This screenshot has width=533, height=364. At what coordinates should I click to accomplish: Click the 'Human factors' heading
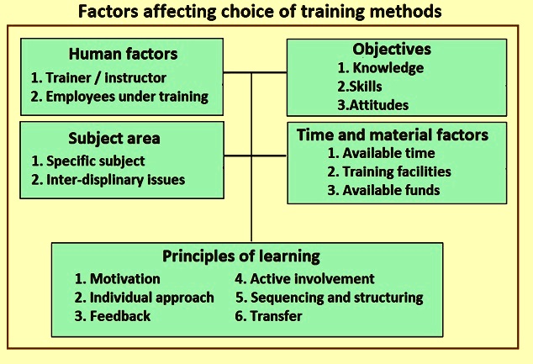pyautogui.click(x=123, y=54)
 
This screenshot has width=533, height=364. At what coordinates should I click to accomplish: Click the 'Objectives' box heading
pyautogui.click(x=392, y=50)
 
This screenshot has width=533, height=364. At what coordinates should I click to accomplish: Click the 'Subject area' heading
pyautogui.click(x=114, y=139)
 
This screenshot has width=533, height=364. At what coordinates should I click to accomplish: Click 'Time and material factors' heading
pyautogui.click(x=393, y=135)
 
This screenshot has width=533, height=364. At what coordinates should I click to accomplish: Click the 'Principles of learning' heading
pyautogui.click(x=241, y=256)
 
